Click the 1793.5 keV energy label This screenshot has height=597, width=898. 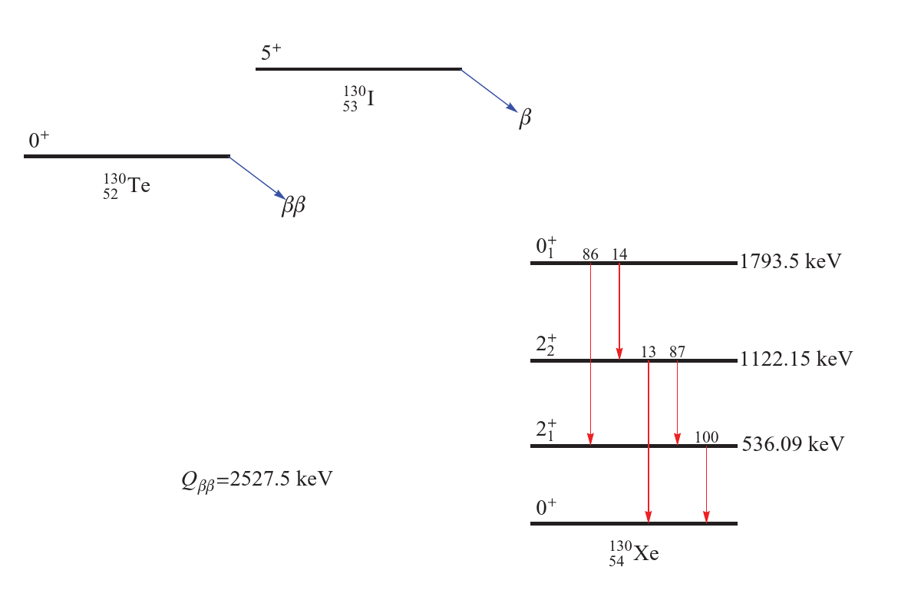(x=791, y=261)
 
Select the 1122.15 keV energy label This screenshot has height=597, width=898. (x=796, y=359)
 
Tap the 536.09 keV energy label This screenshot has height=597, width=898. (x=793, y=444)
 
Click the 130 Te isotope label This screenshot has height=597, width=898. (x=127, y=186)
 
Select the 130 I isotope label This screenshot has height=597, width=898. (x=358, y=98)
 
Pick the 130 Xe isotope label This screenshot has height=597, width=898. (x=633, y=553)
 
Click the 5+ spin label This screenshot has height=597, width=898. (x=271, y=52)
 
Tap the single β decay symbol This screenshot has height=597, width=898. (x=524, y=118)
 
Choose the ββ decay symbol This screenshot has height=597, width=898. (x=293, y=204)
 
